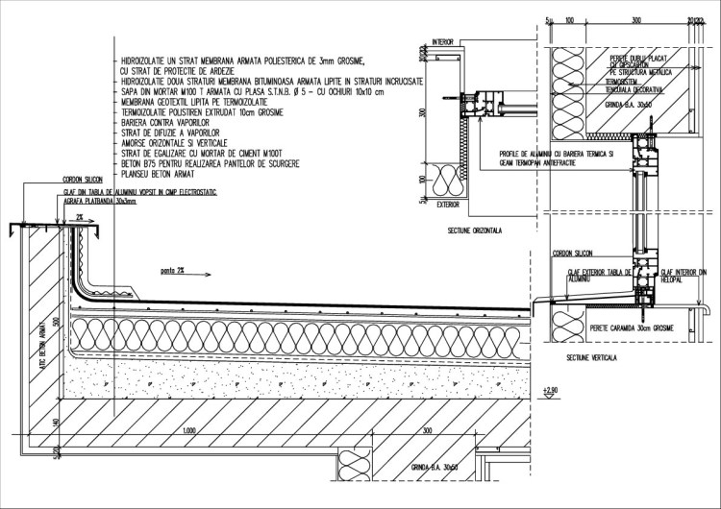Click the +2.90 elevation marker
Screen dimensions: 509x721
click(x=550, y=389)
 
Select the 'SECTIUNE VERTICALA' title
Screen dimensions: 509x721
click(x=591, y=357)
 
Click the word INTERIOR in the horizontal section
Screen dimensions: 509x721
click(x=443, y=42)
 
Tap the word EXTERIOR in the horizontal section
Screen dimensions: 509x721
click(x=446, y=204)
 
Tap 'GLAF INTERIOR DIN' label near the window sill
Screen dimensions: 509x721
click(x=684, y=272)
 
